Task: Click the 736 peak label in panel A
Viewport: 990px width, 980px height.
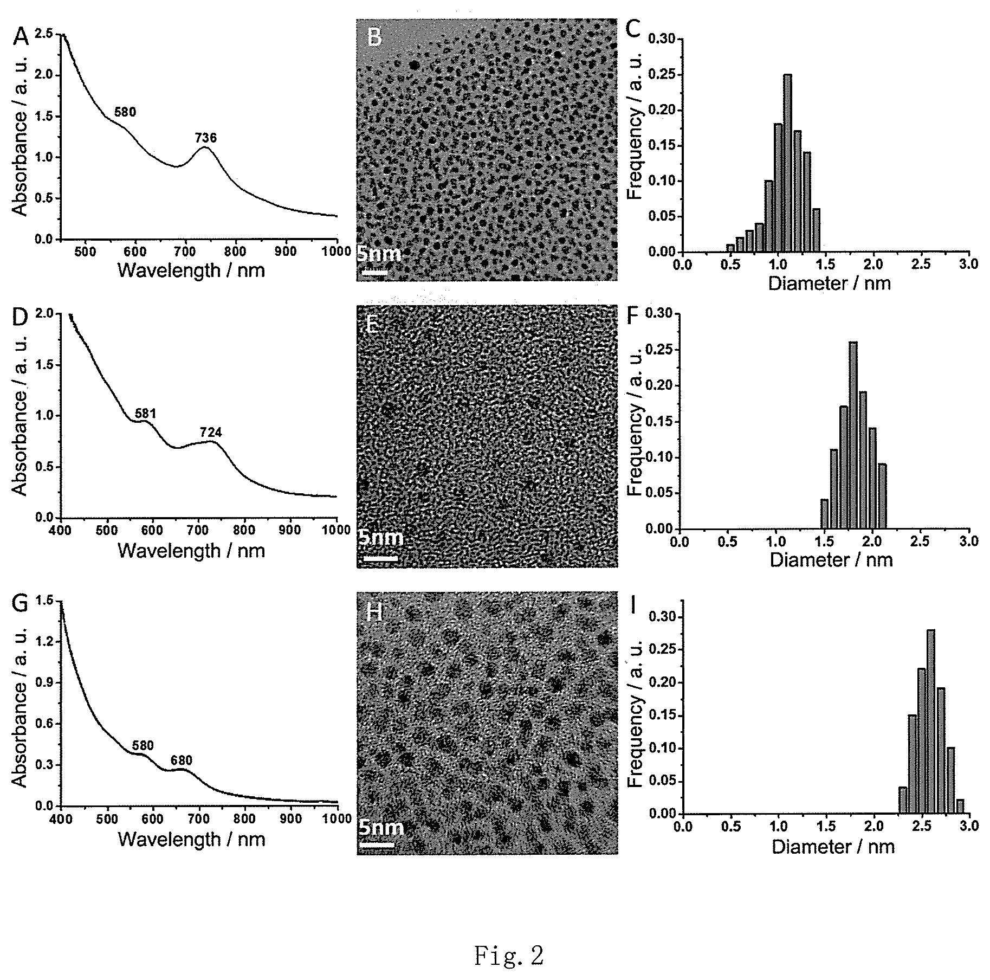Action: pyautogui.click(x=206, y=138)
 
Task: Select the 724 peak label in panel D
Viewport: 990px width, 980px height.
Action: pyautogui.click(x=211, y=432)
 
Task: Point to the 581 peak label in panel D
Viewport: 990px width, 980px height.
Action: pyautogui.click(x=145, y=414)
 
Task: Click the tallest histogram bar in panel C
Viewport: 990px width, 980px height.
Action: pyautogui.click(x=787, y=163)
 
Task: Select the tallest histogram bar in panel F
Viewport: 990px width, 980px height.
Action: pyautogui.click(x=853, y=435)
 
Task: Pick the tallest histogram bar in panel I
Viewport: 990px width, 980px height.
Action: pyautogui.click(x=931, y=721)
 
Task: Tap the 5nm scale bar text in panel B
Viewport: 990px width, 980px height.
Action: pyautogui.click(x=379, y=254)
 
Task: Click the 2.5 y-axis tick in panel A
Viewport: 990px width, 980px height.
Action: pyautogui.click(x=43, y=34)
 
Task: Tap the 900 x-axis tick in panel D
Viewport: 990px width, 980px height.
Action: pyautogui.click(x=290, y=529)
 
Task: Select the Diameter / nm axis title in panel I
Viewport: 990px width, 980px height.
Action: pyautogui.click(x=833, y=847)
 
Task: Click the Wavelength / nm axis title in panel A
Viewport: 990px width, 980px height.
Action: pyautogui.click(x=191, y=270)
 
